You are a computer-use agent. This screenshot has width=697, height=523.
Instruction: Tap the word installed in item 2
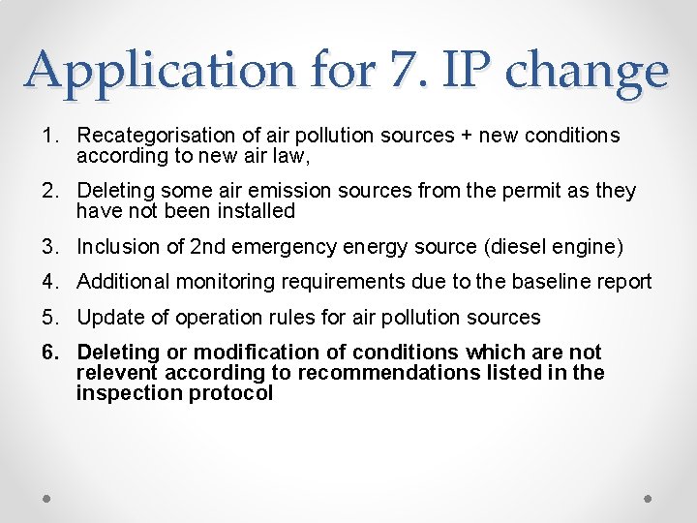250,210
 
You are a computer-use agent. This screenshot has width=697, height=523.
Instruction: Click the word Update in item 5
106,317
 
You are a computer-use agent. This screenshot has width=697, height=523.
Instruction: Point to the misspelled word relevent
117,373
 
